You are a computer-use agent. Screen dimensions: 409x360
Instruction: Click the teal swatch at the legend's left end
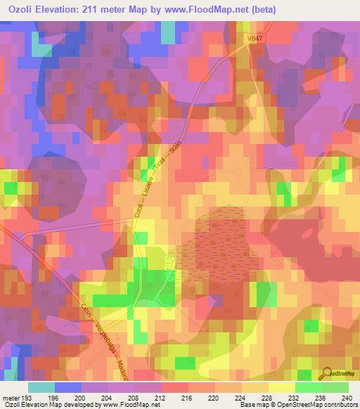(41, 387)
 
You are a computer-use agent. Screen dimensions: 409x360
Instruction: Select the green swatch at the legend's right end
(335, 387)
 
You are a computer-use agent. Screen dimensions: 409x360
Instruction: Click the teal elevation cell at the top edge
(168, 32)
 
